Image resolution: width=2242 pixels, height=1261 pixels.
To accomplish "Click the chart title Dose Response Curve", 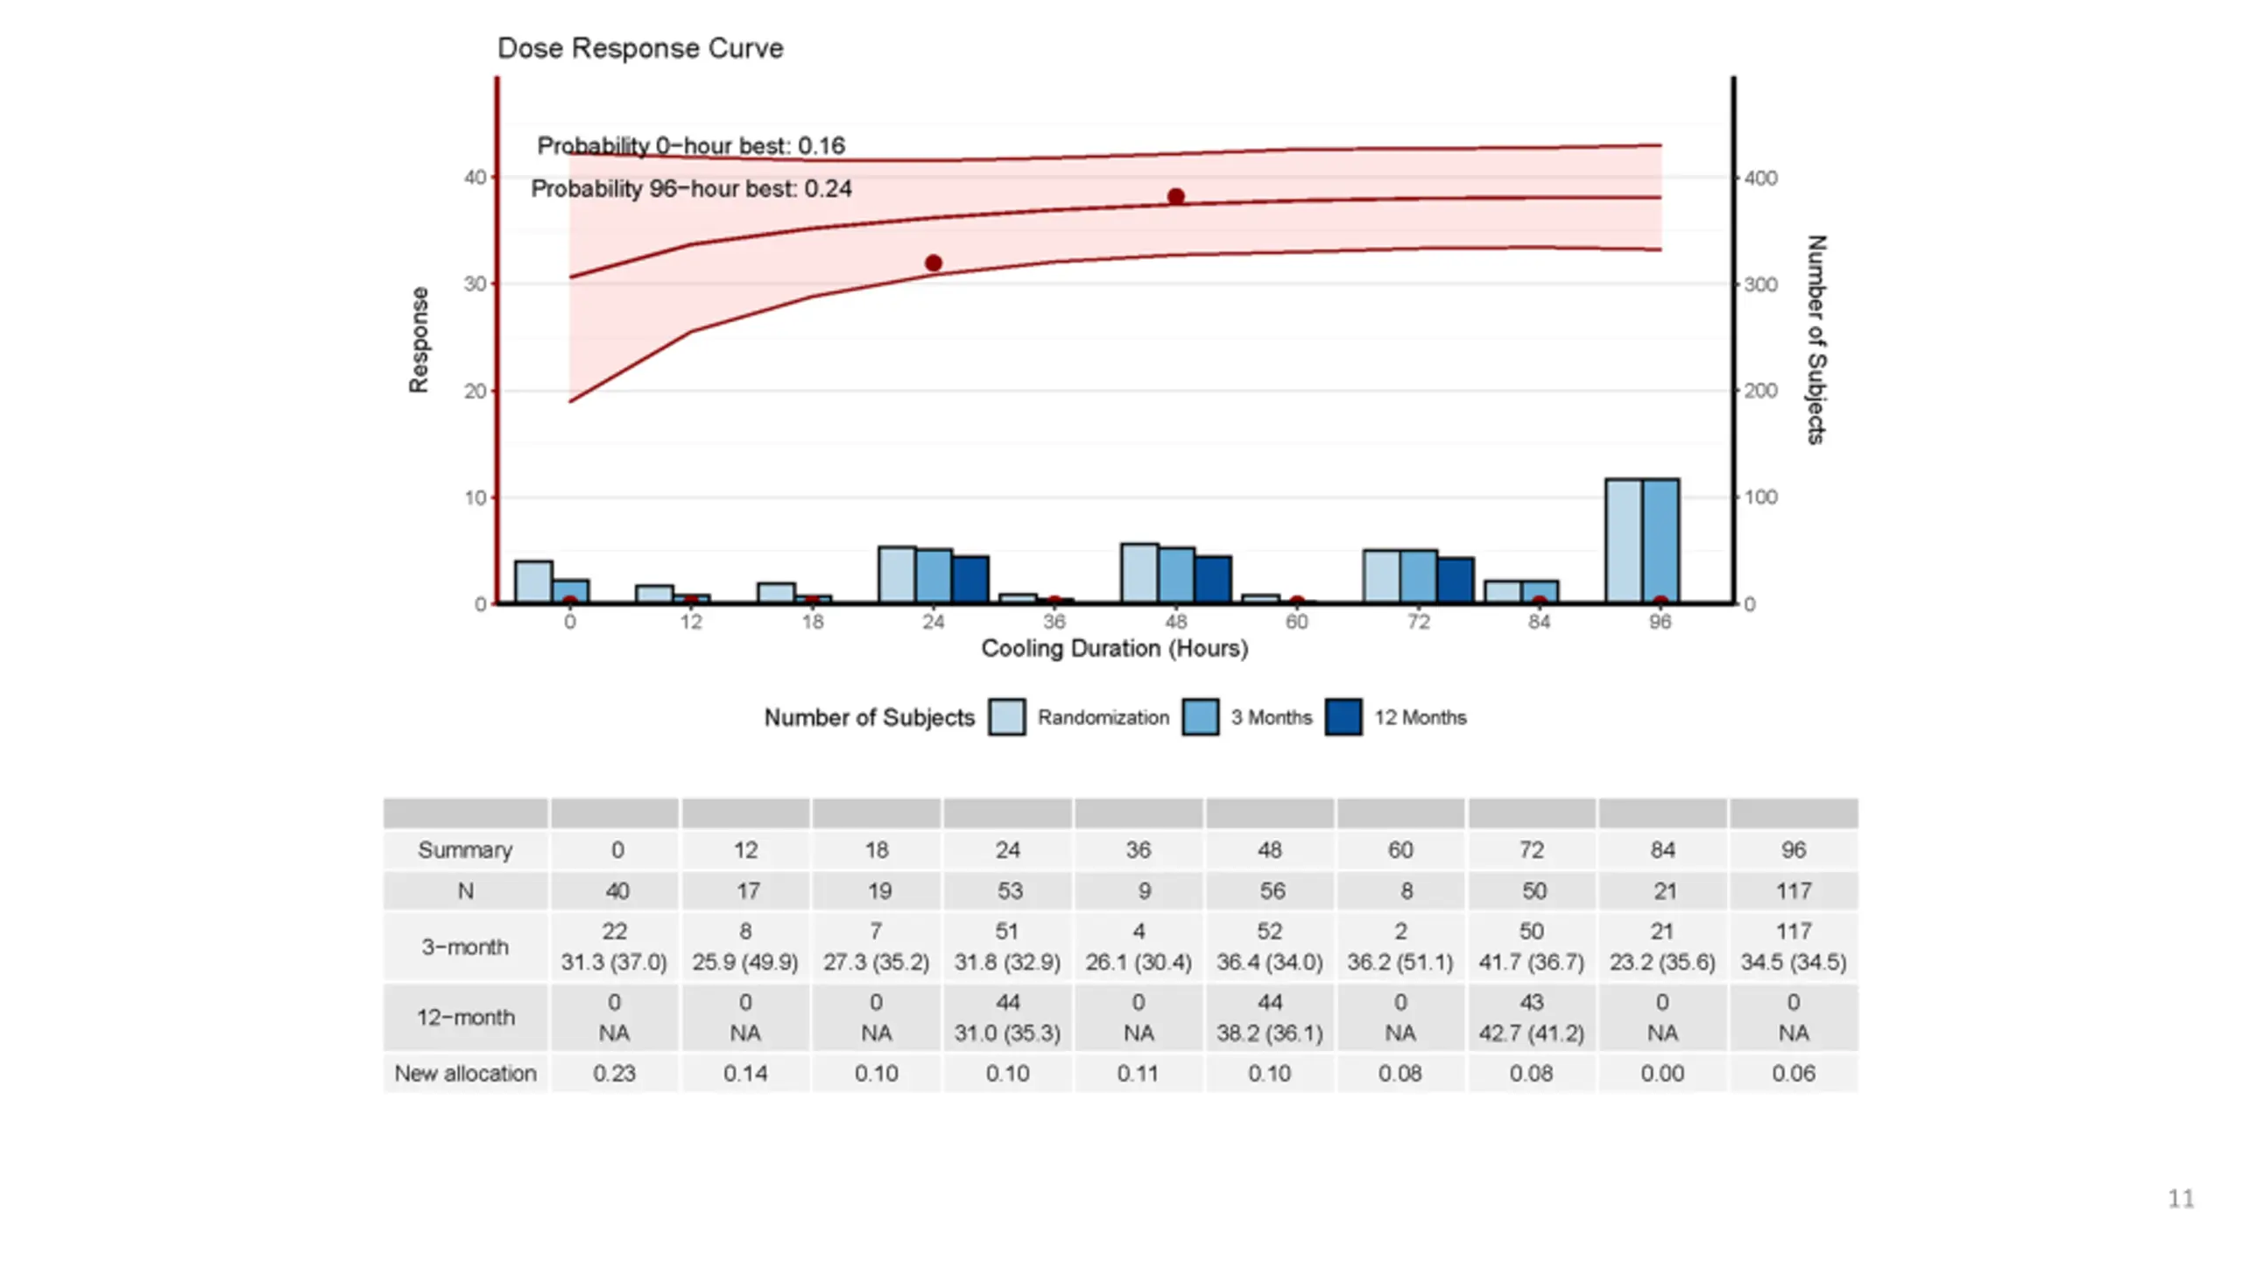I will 639,48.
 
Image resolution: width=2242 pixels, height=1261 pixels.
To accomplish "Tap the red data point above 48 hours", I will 1175,197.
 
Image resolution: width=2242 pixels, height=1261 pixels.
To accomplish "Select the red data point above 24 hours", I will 933,263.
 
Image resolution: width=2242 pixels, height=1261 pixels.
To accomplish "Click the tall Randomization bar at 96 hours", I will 1623,540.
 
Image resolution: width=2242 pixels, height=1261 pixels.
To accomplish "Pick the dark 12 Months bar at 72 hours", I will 1455,580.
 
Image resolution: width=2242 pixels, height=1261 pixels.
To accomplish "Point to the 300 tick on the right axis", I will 1760,285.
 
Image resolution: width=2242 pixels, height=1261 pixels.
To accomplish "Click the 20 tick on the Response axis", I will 475,391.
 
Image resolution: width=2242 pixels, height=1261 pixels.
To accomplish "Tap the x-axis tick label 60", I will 1296,622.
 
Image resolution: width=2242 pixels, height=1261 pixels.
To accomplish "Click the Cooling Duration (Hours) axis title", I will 1114,649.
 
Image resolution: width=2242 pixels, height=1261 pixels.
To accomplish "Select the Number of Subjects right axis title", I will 1816,340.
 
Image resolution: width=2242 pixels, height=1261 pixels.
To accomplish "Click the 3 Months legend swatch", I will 1200,717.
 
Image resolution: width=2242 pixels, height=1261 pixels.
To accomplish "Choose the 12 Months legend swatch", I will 1343,717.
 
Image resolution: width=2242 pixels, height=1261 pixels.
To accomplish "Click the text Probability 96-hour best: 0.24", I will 691,189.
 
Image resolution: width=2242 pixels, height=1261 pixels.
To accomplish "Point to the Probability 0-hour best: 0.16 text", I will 691,146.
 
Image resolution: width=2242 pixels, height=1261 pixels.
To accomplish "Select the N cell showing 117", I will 1793,891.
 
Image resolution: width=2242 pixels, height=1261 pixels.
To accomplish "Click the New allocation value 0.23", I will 614,1074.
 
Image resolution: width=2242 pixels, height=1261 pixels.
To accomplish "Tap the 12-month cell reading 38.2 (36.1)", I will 1269,1033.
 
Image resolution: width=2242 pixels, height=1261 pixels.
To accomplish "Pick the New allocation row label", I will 465,1074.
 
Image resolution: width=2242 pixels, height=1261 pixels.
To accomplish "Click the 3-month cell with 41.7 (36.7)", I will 1531,962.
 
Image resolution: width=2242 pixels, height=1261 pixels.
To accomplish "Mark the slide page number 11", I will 2181,1199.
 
